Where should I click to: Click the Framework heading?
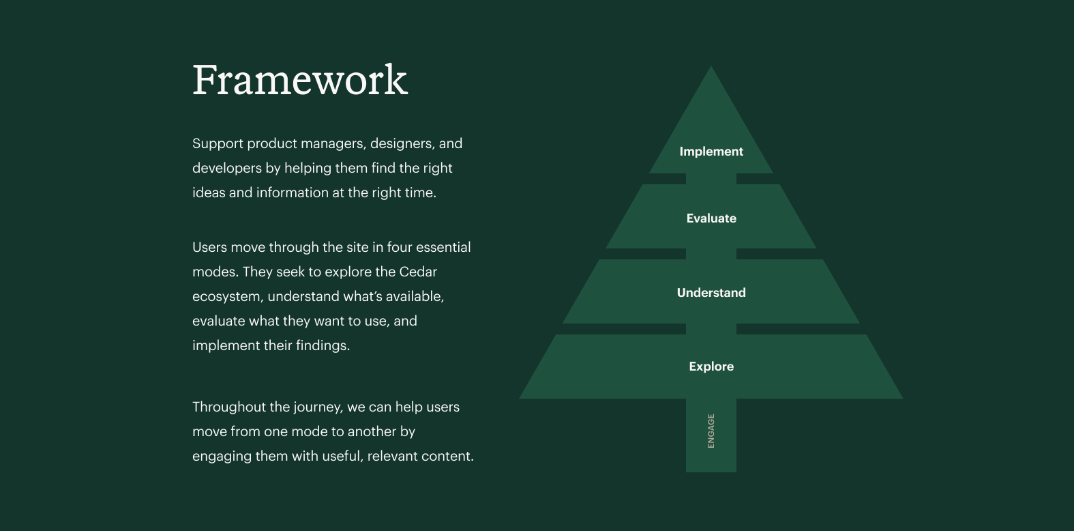point(300,81)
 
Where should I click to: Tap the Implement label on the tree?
point(711,152)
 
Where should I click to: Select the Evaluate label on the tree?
point(711,218)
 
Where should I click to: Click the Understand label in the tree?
point(711,293)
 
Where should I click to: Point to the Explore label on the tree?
point(711,367)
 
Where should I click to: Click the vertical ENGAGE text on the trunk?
point(711,431)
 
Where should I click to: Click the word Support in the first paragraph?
point(218,144)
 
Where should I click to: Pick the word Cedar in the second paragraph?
point(418,272)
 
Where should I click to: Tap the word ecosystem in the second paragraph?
point(226,297)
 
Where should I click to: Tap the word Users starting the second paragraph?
point(209,248)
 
